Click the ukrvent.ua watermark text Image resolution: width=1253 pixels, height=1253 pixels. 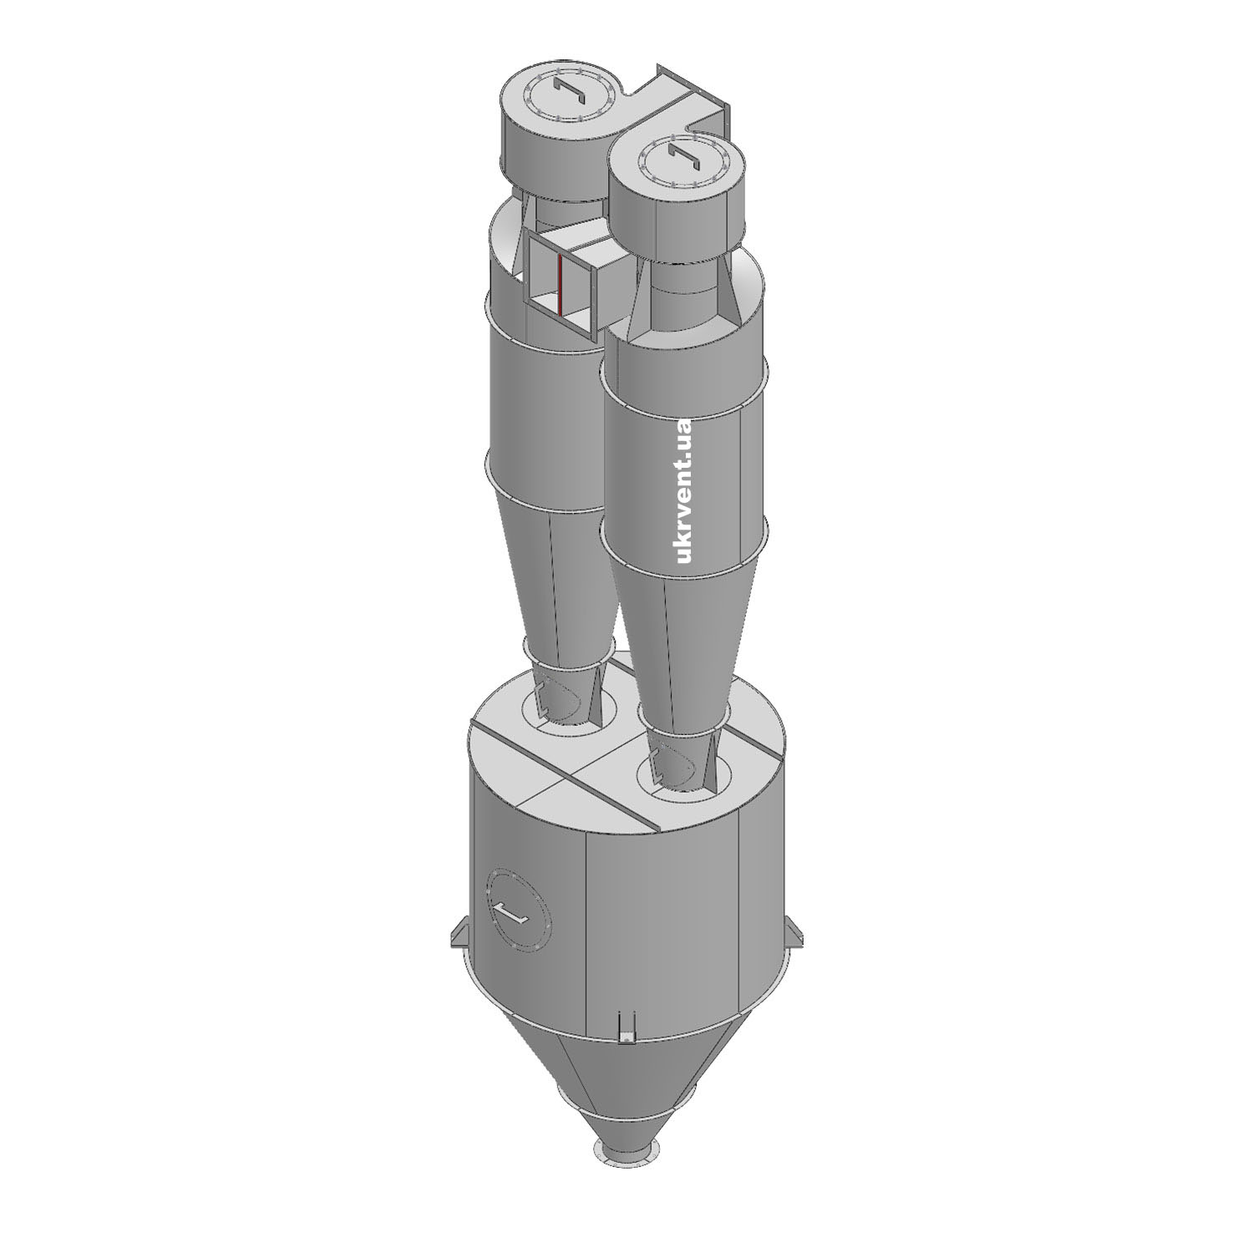(x=685, y=490)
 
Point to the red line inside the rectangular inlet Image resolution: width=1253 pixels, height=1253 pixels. (x=561, y=283)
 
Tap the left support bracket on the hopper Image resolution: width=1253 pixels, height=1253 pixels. (x=458, y=931)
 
